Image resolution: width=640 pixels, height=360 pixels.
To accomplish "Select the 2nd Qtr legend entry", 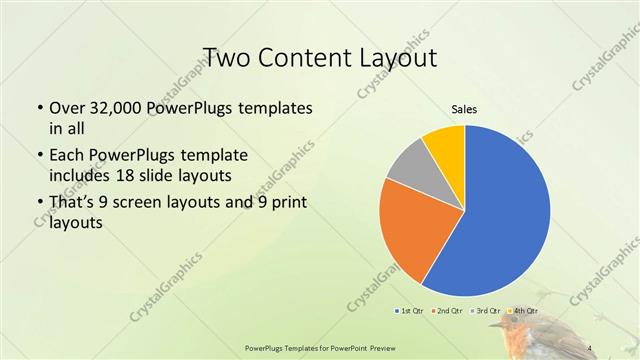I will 445,311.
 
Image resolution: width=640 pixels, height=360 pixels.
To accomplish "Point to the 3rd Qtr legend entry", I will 485,311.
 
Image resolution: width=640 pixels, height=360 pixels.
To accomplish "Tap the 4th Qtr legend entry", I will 523,311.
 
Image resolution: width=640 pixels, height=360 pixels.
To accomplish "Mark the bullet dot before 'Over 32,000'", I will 39,108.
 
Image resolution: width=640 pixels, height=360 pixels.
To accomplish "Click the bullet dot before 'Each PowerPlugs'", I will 39,156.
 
